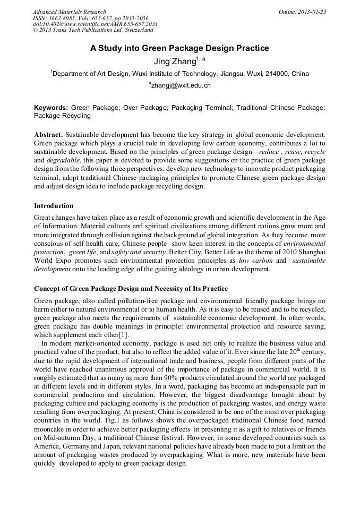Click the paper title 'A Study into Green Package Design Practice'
point(179,48)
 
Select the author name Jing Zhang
point(176,62)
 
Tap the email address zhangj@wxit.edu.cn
point(181,85)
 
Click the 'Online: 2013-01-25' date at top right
point(302,12)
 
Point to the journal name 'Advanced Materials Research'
point(69,12)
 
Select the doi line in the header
point(95,24)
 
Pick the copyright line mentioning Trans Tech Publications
point(85,31)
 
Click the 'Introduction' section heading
point(54,205)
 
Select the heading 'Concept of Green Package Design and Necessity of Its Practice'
point(131,289)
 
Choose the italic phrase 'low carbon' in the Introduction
point(256,261)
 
